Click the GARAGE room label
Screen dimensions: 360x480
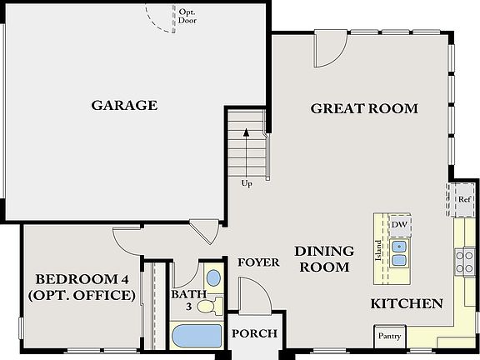pyautogui.click(x=124, y=105)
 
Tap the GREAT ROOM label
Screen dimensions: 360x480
pyautogui.click(x=364, y=108)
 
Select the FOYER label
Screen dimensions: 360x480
pyautogui.click(x=258, y=262)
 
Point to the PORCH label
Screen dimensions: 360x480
pyautogui.click(x=254, y=334)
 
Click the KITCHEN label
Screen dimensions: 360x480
pyautogui.click(x=407, y=303)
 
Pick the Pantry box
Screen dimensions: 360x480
pyautogui.click(x=389, y=337)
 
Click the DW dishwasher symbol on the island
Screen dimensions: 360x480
pyautogui.click(x=399, y=224)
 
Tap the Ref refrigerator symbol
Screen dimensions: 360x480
pyautogui.click(x=464, y=199)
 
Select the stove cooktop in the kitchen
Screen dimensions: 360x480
pyautogui.click(x=464, y=261)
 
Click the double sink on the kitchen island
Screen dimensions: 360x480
pyautogui.click(x=400, y=252)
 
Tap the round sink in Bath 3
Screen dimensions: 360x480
pyautogui.click(x=213, y=277)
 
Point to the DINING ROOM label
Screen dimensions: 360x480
pyautogui.click(x=324, y=258)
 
